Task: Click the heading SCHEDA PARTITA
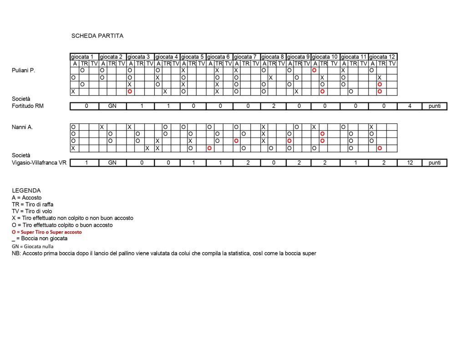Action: [97, 35]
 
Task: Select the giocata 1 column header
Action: [84, 57]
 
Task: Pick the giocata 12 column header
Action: [382, 57]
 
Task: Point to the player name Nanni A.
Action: [23, 127]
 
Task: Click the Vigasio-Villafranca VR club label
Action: [39, 163]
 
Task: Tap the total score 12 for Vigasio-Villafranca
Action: [410, 163]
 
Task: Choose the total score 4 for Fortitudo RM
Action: [410, 106]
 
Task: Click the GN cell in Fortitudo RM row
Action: [112, 106]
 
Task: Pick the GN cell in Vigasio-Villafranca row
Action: [112, 163]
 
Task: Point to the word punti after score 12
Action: [434, 163]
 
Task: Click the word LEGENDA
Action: [26, 191]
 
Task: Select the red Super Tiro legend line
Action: [47, 232]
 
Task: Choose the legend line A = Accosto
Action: [27, 198]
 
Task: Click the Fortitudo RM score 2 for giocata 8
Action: [274, 106]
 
